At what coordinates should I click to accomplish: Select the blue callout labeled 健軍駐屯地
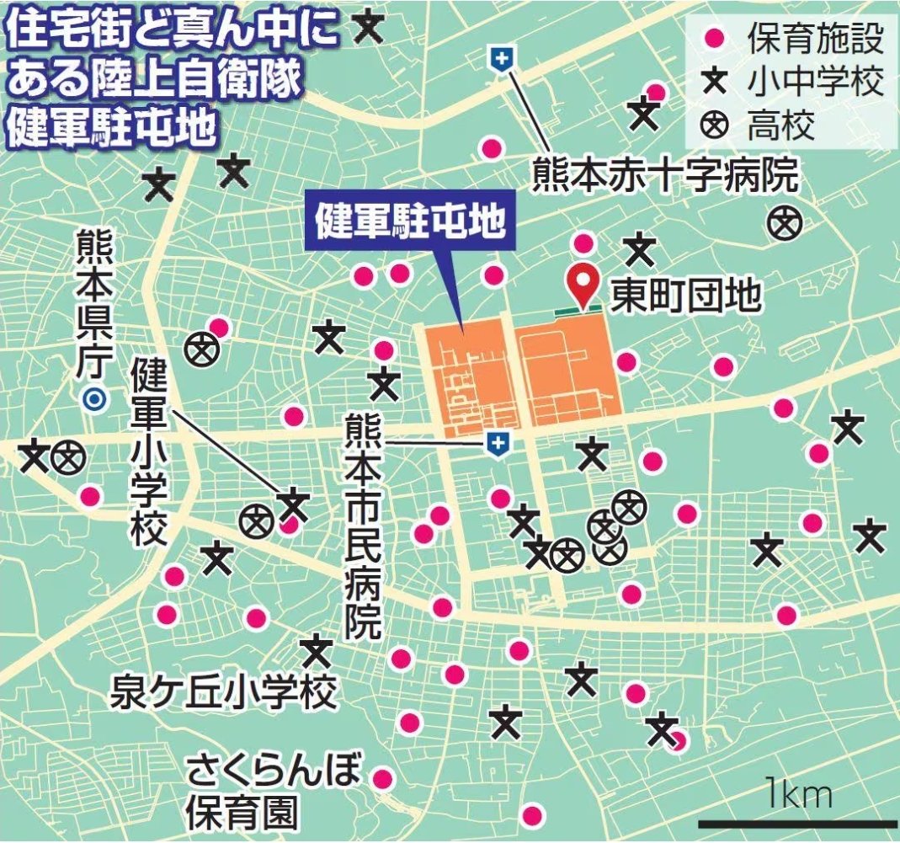409,221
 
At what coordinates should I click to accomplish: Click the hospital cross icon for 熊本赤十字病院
503,60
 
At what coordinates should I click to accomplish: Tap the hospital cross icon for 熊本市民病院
498,443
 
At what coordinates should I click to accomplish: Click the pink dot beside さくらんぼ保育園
383,778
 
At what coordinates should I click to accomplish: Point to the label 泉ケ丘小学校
224,693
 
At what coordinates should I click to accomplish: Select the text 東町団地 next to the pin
685,295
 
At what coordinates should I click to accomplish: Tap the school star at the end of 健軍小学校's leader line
294,504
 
